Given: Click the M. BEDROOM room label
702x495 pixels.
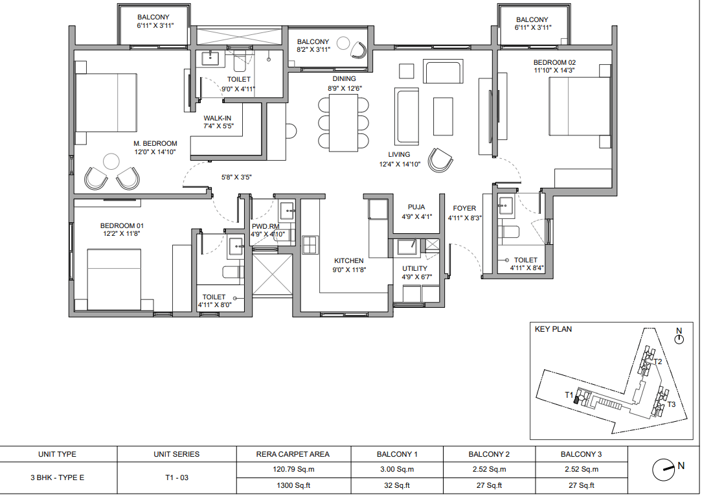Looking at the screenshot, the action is pos(155,143).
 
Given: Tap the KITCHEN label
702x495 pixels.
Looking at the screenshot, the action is pos(349,260).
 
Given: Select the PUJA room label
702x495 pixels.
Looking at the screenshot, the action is pos(416,207).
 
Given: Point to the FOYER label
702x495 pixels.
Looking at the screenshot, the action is pos(464,209).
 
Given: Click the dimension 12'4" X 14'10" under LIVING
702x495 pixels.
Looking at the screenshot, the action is pos(400,165).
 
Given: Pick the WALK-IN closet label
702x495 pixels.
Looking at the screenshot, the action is pos(218,119).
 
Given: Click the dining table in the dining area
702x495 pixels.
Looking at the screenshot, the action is pos(343,122).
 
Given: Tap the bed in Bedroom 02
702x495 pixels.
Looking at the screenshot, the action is pos(580,107).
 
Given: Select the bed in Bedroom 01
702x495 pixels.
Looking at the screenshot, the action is pos(120,280).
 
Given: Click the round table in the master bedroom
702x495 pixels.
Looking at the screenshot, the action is pos(111,161).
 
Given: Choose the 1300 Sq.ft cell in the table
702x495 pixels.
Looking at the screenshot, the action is pos(293,485).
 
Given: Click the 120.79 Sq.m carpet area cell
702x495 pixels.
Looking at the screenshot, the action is pos(293,470).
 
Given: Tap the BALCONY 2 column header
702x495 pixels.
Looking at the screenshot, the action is pos(489,454).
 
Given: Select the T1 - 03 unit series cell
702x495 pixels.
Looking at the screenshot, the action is pos(177,478).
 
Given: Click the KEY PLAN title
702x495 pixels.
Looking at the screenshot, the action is pos(553,329).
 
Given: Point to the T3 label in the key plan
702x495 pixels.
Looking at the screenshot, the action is pos(671,404).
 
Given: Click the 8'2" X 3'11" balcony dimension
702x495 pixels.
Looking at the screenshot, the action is pos(313,50).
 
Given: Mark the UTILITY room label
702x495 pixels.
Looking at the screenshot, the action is pos(414,269).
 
